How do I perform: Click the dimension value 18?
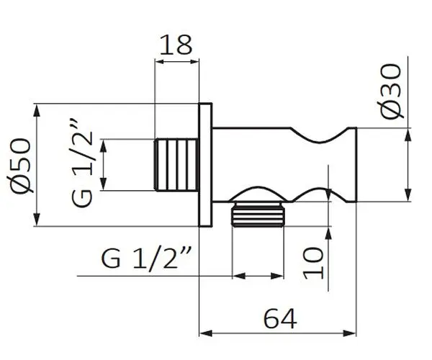(175, 45)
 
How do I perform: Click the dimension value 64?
(280, 319)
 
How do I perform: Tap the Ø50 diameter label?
(20, 166)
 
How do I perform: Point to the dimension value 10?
(313, 263)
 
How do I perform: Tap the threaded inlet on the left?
(176, 165)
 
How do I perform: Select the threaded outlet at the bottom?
(258, 215)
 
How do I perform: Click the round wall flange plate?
(205, 165)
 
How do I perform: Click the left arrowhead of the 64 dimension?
(206, 333)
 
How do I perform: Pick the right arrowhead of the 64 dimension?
(350, 333)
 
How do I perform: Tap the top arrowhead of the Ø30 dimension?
(408, 135)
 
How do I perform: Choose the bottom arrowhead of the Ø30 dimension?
(408, 195)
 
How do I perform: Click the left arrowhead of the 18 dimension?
(162, 61)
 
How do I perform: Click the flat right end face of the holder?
(356, 165)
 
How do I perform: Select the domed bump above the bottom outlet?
(258, 188)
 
